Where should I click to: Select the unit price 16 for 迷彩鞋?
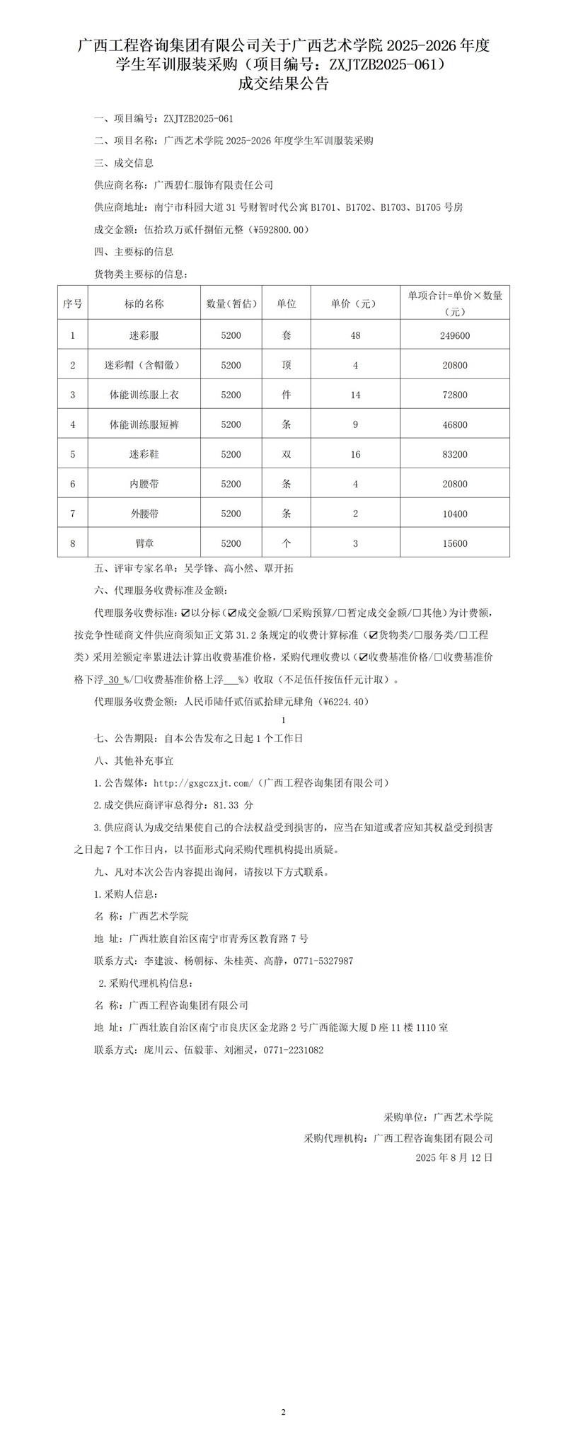[x=355, y=454]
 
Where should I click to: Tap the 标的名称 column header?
[x=144, y=303]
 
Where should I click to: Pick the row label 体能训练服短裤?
[x=144, y=424]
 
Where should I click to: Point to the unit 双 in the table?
[x=287, y=454]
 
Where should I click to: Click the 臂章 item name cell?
[x=144, y=543]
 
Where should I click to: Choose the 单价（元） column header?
[x=355, y=303]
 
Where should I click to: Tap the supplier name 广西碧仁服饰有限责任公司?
[x=214, y=185]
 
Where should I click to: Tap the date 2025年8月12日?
[x=454, y=1158]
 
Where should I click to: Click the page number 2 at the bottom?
[x=283, y=1413]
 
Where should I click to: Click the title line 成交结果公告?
[x=283, y=85]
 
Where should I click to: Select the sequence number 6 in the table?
[x=73, y=484]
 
